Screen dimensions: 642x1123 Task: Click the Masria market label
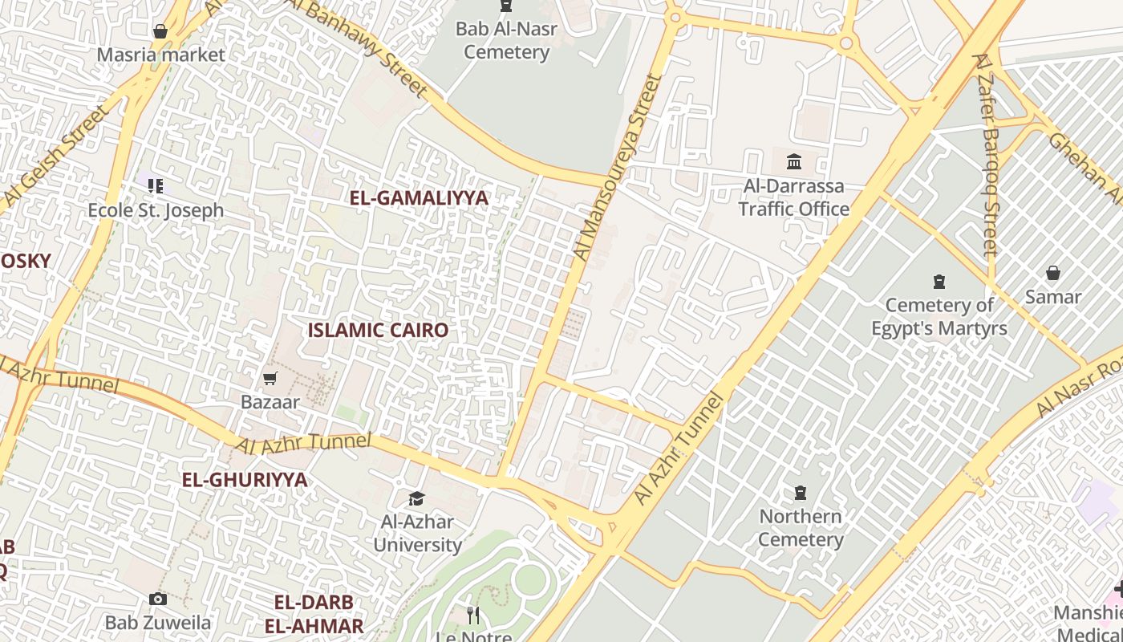[160, 55]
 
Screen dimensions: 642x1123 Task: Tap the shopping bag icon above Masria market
[160, 31]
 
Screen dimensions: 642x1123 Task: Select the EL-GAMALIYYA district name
[419, 198]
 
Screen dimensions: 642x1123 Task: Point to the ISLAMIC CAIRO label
[378, 330]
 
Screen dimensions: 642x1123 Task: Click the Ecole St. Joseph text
[156, 210]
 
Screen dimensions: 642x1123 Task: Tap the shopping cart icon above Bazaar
[270, 377]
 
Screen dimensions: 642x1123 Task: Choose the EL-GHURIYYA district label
[245, 480]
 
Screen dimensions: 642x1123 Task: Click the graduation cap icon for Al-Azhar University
[416, 499]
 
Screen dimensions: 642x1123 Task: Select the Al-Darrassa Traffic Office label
[793, 197]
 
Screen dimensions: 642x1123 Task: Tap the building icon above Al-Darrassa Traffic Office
[794, 161]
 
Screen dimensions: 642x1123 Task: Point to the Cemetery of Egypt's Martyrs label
[939, 316]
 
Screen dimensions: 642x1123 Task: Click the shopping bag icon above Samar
[1053, 273]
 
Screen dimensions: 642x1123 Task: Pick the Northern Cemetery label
[801, 527]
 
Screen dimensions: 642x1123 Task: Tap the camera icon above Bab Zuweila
[158, 599]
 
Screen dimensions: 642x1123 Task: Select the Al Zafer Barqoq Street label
[987, 156]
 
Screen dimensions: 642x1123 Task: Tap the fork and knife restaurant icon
[473, 616]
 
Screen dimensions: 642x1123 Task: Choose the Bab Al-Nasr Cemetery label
[506, 41]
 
